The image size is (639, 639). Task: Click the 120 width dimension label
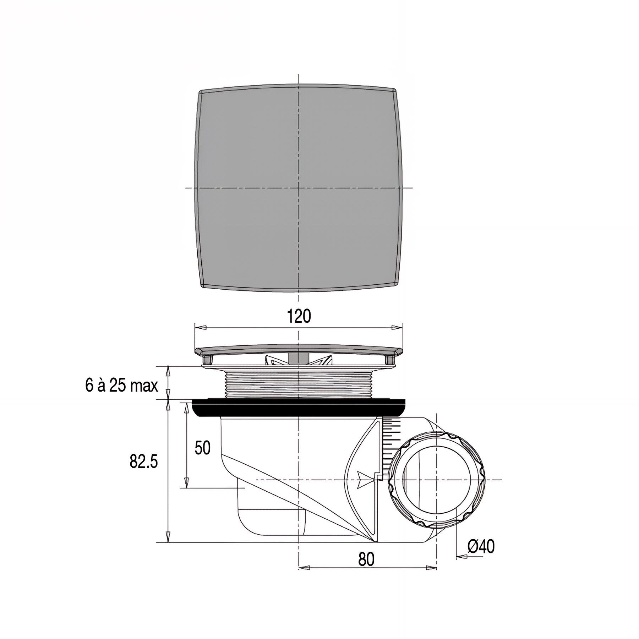(x=299, y=316)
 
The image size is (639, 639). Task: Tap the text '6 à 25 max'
(x=121, y=386)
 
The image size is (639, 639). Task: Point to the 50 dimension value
(x=203, y=448)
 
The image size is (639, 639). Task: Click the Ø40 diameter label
(x=481, y=547)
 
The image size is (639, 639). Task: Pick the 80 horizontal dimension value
(x=366, y=560)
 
